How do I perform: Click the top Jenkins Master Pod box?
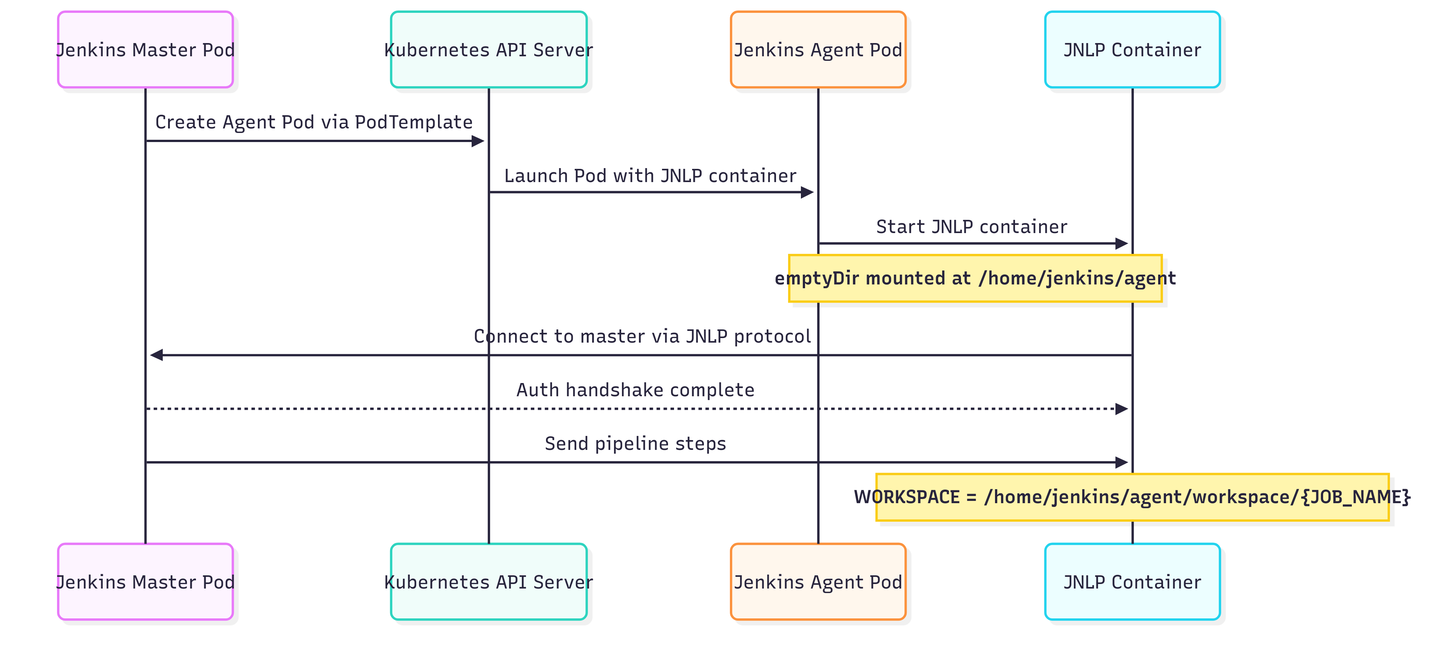(x=145, y=49)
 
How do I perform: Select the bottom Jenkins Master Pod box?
(x=145, y=582)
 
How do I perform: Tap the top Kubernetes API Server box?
(x=489, y=49)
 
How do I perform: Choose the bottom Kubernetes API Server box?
(x=489, y=582)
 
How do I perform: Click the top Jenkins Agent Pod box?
(x=818, y=49)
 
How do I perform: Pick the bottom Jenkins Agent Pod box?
(x=818, y=582)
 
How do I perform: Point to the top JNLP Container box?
(x=1132, y=49)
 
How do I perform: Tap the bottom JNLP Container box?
(x=1132, y=582)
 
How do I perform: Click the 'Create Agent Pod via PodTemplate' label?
(x=313, y=122)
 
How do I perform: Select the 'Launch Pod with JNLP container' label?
(x=650, y=176)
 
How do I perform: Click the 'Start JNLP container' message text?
(x=972, y=226)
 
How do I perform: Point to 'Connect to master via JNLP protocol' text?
(x=642, y=336)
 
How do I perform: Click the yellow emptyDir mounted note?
(x=975, y=278)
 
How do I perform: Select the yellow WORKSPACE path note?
(x=1132, y=497)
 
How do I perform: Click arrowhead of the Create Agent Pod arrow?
(x=478, y=141)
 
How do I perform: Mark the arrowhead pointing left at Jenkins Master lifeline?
(x=156, y=355)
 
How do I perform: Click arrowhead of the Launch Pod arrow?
(x=807, y=192)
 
